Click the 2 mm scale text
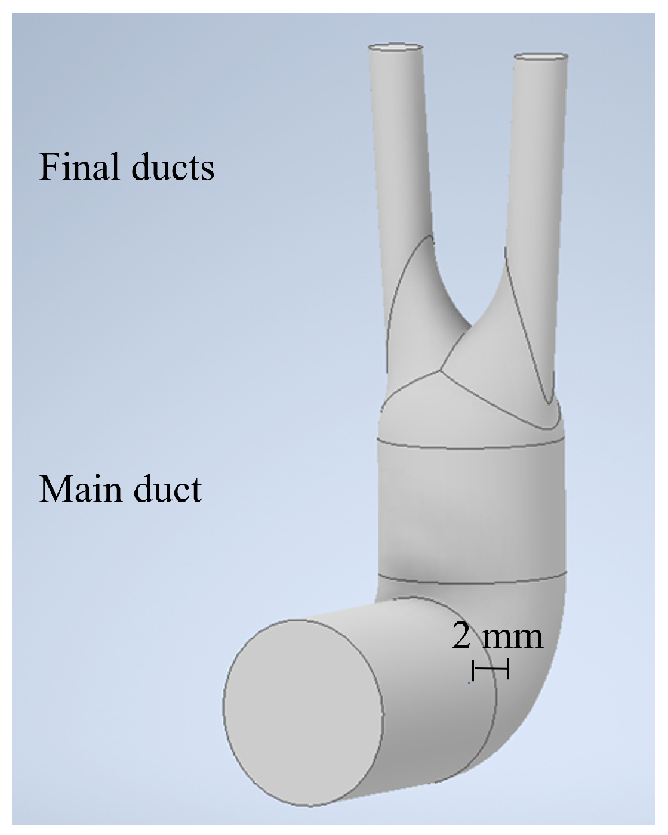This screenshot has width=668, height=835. [497, 636]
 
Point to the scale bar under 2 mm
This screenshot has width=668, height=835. [490, 669]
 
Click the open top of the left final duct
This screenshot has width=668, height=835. [396, 47]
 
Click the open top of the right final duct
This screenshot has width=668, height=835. [541, 57]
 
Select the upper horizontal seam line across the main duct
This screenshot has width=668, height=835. [472, 446]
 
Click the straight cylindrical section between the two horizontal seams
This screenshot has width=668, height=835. [472, 513]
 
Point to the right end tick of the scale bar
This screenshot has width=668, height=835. [508, 669]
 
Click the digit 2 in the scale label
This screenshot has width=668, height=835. [461, 636]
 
